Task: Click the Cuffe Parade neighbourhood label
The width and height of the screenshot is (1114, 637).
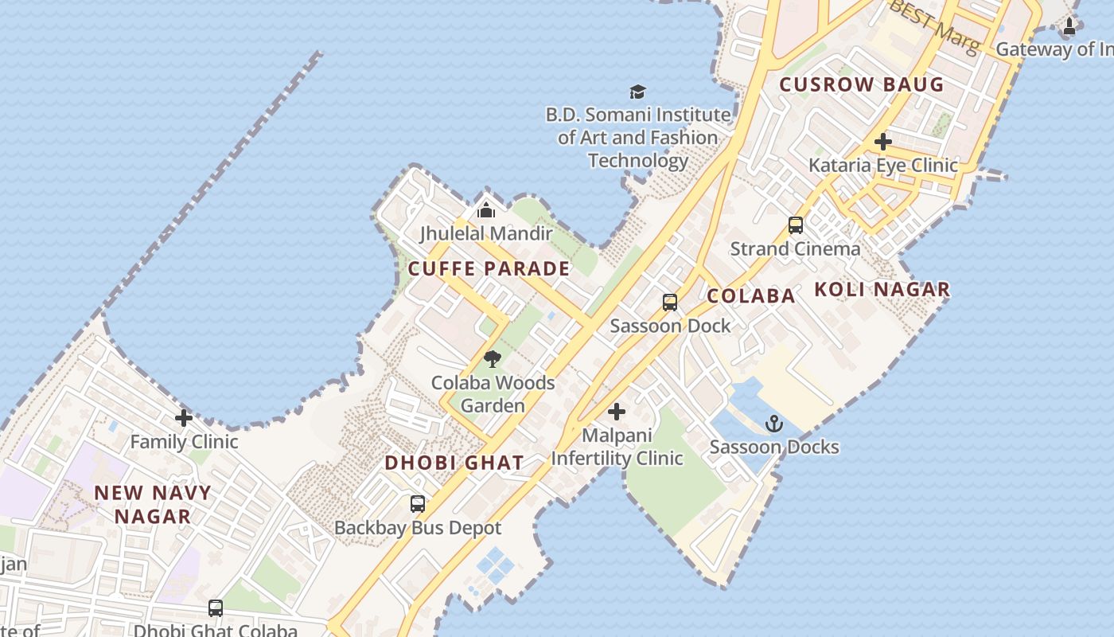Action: tap(489, 268)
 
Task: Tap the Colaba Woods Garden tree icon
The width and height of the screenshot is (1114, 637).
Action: tap(493, 358)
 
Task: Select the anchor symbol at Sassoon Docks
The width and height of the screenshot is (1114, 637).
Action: tap(773, 423)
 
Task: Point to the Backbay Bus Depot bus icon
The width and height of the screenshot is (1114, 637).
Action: tap(418, 503)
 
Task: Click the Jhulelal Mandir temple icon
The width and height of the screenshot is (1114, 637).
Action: tap(485, 210)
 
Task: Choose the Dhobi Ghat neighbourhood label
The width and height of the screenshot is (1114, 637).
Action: tap(454, 463)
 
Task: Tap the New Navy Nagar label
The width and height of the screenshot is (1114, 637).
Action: tap(153, 504)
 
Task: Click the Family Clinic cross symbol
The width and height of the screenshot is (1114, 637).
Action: tap(184, 417)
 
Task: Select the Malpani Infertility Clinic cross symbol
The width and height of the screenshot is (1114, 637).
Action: tap(617, 412)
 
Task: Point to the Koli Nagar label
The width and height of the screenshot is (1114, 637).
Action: tap(882, 290)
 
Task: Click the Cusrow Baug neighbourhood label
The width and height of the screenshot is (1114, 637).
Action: tap(861, 84)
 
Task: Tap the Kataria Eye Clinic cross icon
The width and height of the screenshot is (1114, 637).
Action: tap(882, 142)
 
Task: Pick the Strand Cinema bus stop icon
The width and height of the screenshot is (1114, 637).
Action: tap(795, 225)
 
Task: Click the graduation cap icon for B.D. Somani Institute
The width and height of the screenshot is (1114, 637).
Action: tap(637, 92)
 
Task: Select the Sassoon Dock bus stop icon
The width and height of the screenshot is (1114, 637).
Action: tap(670, 303)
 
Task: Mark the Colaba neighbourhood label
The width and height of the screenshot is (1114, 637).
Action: tap(750, 296)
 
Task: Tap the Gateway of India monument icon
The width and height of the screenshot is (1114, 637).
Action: tap(1069, 26)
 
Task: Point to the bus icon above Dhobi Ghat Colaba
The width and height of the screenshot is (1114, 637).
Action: tap(215, 608)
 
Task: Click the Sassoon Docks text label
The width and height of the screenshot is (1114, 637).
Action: tap(774, 447)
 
